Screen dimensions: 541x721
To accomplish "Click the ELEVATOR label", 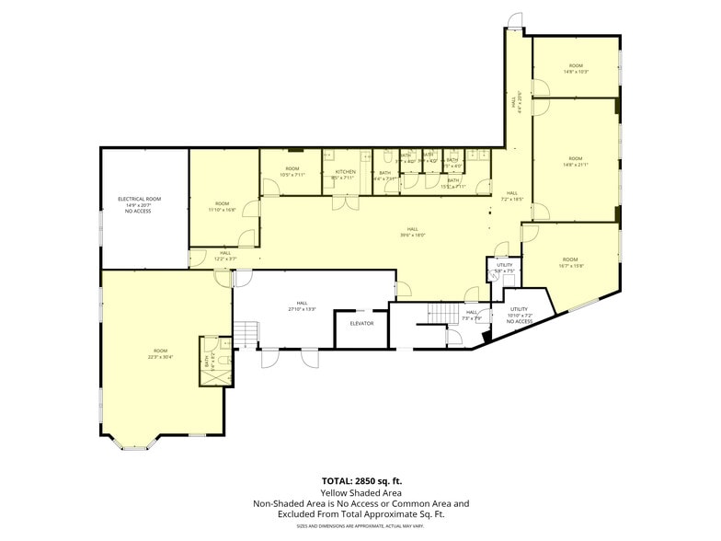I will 360,323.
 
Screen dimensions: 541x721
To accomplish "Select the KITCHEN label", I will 345,172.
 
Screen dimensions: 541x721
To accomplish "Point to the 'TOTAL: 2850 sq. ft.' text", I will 361,481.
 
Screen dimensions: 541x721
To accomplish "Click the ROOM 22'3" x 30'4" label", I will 161,353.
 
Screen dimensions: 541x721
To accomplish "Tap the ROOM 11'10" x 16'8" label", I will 223,206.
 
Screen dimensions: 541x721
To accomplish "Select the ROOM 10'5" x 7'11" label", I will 292,172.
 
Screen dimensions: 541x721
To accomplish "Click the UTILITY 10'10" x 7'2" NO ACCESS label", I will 520,315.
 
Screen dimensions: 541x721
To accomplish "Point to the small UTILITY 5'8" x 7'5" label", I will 503,268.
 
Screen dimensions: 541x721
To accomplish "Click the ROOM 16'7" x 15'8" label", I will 571,262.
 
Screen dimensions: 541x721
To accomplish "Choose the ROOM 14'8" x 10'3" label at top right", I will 576,68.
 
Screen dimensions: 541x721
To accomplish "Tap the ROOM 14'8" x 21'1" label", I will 576,161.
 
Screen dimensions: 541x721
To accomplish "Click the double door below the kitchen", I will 345,202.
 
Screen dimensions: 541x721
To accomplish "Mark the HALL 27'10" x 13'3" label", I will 302,305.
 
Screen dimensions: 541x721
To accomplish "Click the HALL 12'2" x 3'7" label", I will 225,256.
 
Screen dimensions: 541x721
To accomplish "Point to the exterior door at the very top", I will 516,20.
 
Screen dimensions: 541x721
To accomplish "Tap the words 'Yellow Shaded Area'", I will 361,492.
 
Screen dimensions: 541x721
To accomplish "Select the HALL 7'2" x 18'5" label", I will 512,196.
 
